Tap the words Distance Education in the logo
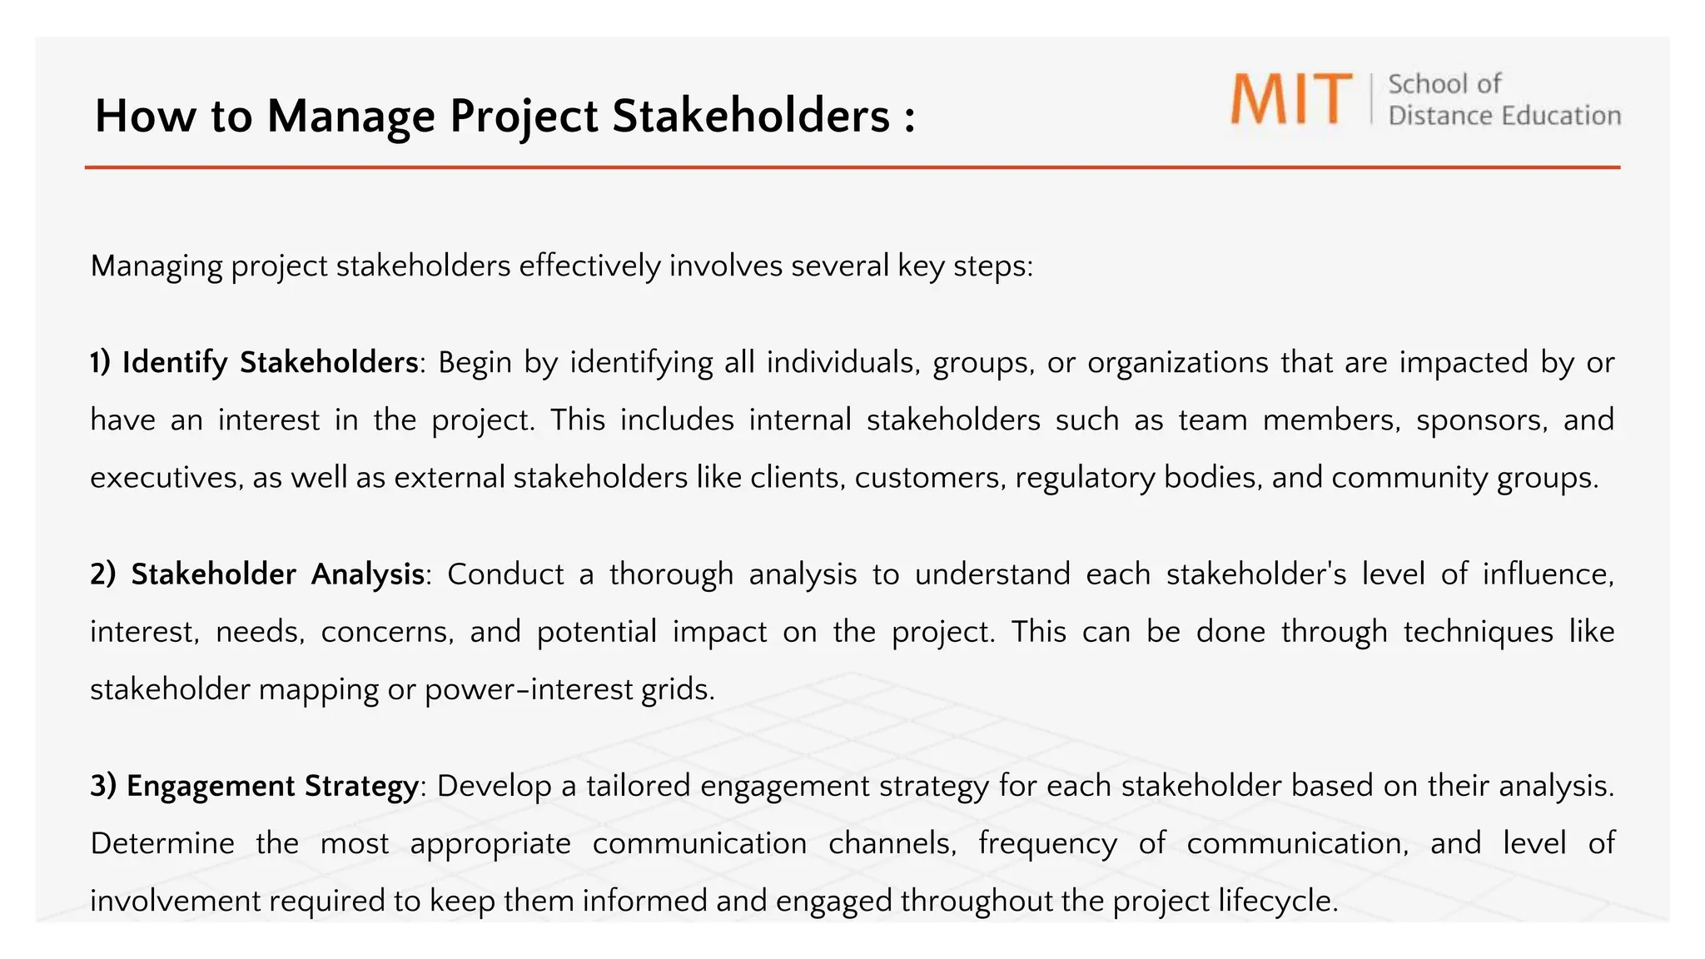click(x=1504, y=116)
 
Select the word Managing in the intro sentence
click(x=157, y=266)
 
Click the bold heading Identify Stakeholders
click(x=271, y=363)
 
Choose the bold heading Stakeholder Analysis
click(x=278, y=574)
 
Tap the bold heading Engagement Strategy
click(x=272, y=786)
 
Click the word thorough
click(x=671, y=574)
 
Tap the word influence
click(x=1548, y=574)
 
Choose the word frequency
click(x=1047, y=844)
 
